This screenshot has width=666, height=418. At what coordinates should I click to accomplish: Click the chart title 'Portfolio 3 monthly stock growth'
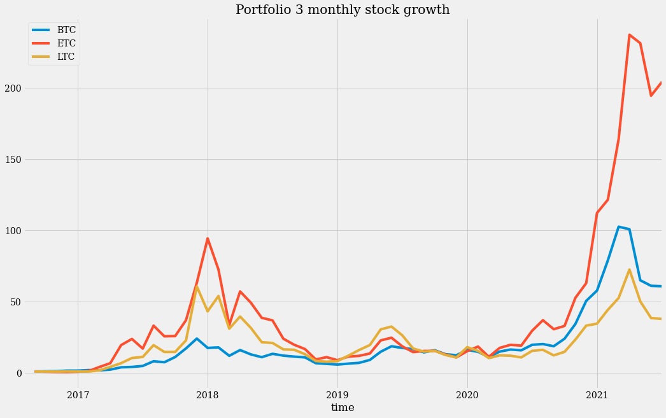pyautogui.click(x=343, y=10)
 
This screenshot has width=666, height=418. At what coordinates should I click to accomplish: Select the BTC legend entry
pyautogui.click(x=66, y=30)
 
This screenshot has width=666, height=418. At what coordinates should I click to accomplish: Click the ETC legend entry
pyautogui.click(x=66, y=43)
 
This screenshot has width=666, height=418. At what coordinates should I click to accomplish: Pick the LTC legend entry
pyautogui.click(x=66, y=57)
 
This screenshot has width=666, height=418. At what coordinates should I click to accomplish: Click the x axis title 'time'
pyautogui.click(x=343, y=407)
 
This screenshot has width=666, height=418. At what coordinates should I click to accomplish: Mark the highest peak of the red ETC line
pyautogui.click(x=629, y=35)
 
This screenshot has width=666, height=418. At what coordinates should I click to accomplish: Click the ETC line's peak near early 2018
pyautogui.click(x=208, y=239)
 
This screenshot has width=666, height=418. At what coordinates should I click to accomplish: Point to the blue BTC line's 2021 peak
pyautogui.click(x=618, y=226)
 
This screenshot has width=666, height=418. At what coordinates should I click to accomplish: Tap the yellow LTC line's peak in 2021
pyautogui.click(x=629, y=269)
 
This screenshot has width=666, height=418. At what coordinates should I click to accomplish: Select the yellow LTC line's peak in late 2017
pyautogui.click(x=197, y=286)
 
